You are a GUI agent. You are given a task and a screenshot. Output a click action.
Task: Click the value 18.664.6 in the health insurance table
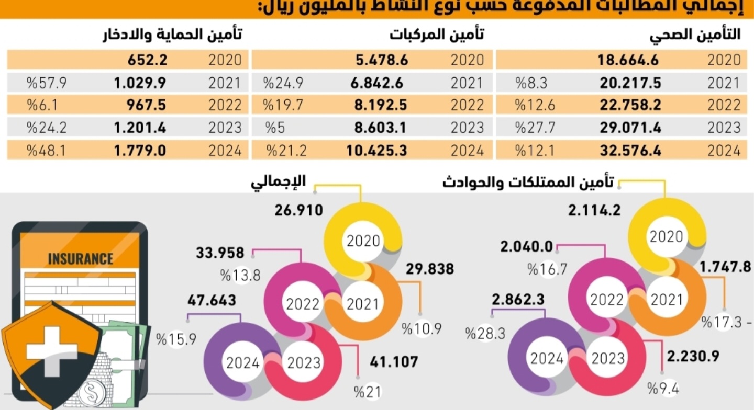[x=628, y=60]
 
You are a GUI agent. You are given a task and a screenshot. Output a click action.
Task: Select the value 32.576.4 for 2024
[x=628, y=151]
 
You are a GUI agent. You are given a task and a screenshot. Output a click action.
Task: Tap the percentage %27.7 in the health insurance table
[x=531, y=128]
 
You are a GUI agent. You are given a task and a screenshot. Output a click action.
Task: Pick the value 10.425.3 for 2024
[x=377, y=151]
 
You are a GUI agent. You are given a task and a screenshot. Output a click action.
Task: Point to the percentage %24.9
[x=283, y=83]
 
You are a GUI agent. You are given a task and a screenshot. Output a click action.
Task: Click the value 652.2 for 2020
[x=147, y=60]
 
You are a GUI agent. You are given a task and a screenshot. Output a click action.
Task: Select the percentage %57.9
[x=48, y=83]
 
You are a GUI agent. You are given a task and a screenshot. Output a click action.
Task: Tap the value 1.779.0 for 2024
[x=140, y=151]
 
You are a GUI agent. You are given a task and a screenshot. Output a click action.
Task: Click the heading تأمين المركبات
[x=437, y=35]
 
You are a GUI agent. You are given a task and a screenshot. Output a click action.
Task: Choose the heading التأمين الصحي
[x=695, y=35]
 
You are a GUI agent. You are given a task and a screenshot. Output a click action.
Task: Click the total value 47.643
[x=212, y=301]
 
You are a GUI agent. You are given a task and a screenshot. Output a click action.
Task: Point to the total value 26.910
[x=298, y=210]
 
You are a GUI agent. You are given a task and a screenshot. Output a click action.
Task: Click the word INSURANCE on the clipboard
[x=80, y=258]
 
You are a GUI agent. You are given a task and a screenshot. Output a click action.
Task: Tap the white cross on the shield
[x=52, y=351]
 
